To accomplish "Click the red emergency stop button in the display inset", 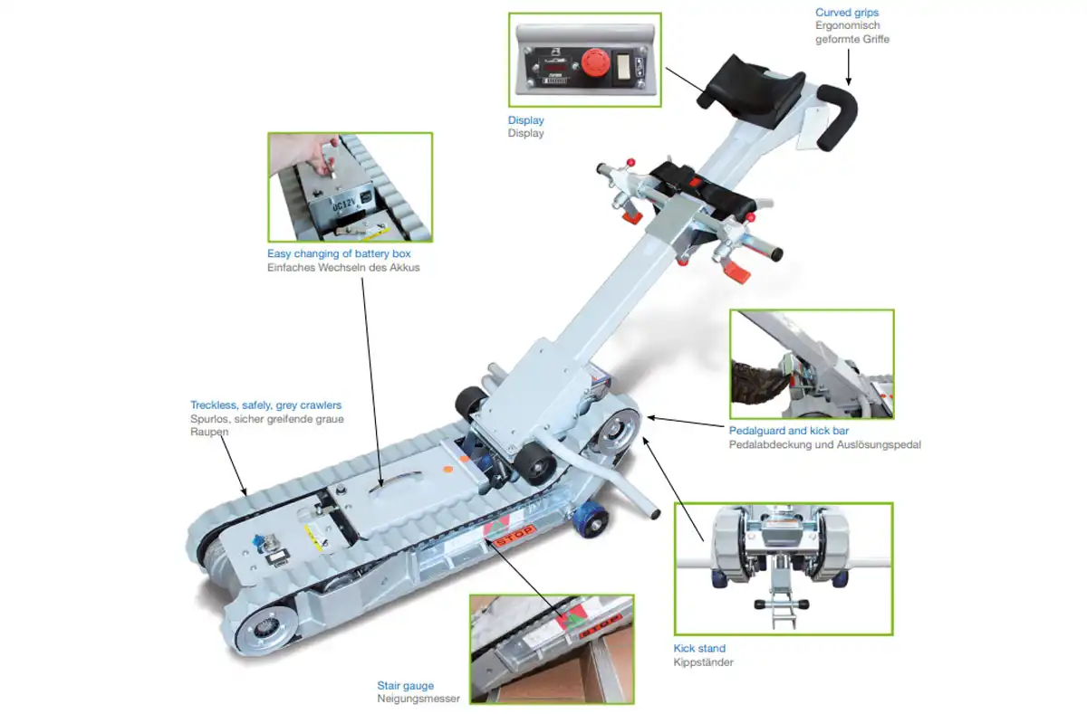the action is coord(595,62).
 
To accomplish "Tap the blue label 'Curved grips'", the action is coord(847,12).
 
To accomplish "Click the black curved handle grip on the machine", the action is coord(837,117).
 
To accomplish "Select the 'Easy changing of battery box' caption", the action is coord(339,253).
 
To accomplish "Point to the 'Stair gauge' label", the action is coord(405,685).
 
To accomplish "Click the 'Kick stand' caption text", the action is coord(699,648).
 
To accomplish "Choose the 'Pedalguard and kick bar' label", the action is coord(789,431).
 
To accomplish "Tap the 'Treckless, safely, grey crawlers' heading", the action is coord(265,405).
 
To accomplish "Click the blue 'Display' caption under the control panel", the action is coord(525,119).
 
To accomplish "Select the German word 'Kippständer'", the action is coord(703,662).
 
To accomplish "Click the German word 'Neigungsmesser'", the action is coord(418,699).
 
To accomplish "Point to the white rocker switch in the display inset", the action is coord(623,65).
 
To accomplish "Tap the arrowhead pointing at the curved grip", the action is coord(848,81).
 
